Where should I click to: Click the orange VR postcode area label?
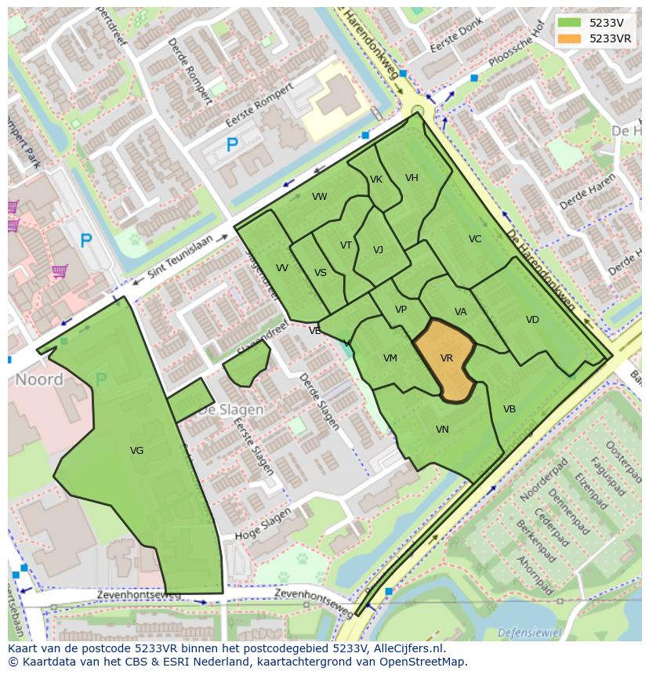click(447, 358)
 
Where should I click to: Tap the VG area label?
click(136, 450)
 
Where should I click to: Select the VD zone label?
click(532, 320)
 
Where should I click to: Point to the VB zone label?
click(509, 409)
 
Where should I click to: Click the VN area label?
click(442, 430)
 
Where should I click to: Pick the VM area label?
click(390, 358)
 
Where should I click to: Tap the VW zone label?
click(319, 197)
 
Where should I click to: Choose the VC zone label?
click(475, 239)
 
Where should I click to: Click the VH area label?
click(412, 178)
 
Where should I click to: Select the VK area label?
click(376, 180)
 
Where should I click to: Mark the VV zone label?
click(282, 268)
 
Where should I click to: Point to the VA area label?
click(461, 312)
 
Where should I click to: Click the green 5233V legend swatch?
click(570, 22)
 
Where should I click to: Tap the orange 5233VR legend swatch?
click(570, 38)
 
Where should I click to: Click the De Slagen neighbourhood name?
click(230, 410)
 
